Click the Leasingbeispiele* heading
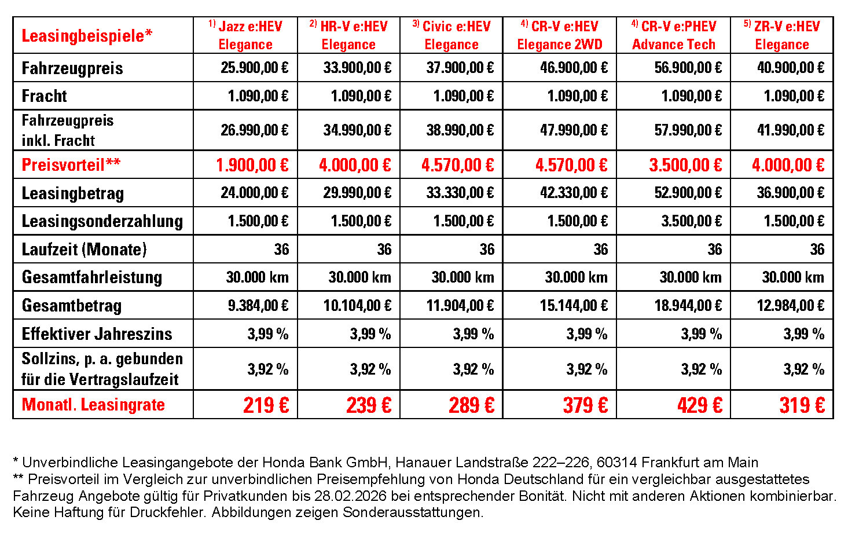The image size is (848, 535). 87,36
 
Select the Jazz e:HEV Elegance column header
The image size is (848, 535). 245,35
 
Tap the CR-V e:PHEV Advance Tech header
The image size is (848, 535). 673,35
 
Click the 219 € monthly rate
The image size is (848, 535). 266,405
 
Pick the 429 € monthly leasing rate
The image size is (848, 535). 699,405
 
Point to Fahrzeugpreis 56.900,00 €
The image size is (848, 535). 688,68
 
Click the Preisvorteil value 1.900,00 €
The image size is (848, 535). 252,165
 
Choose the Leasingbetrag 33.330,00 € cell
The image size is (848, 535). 460,193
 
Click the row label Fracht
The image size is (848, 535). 45,96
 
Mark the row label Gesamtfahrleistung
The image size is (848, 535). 91,277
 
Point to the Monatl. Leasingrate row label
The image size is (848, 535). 93,405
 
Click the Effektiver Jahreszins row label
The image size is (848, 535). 97,334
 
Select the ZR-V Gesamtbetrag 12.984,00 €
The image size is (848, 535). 790,306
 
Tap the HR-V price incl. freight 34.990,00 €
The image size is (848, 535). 357,130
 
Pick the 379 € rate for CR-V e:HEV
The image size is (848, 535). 585,405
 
